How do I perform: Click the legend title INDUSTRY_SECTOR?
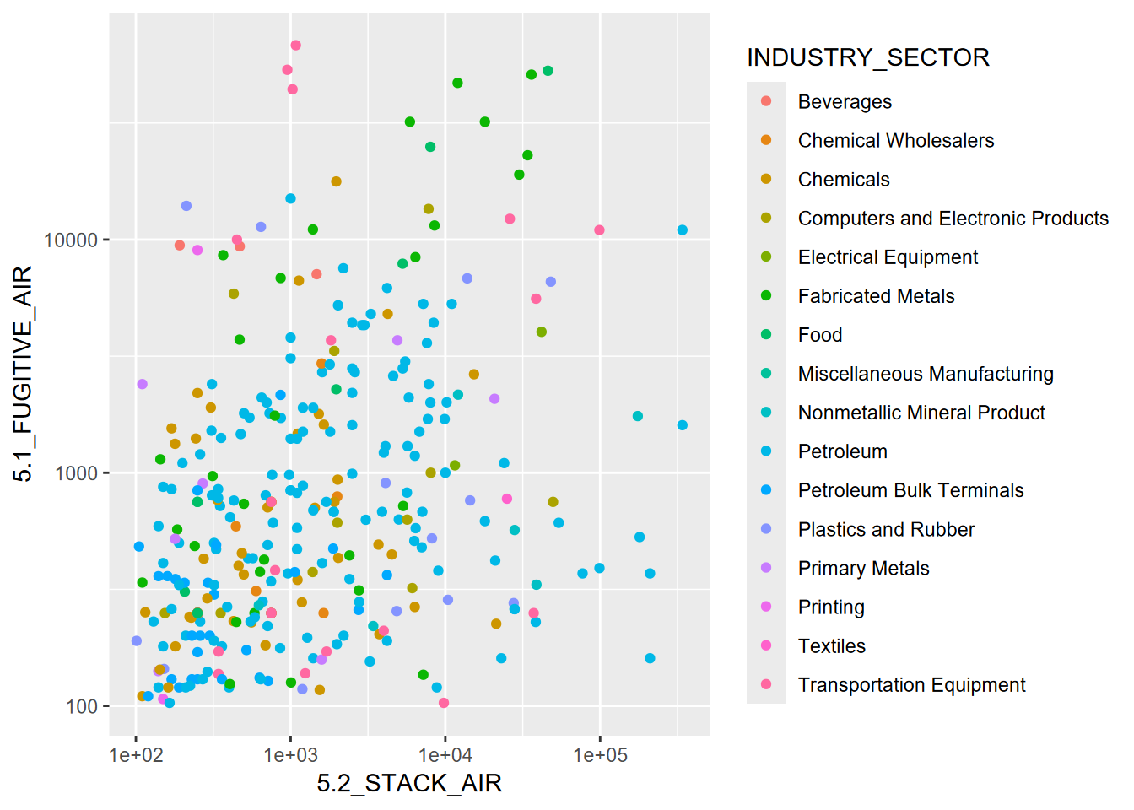[867, 57]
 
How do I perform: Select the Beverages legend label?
[845, 102]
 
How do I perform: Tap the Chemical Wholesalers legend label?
[896, 141]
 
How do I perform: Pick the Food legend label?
[820, 335]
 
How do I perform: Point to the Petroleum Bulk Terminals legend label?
[910, 490]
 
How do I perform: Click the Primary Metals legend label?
[863, 569]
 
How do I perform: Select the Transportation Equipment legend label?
[911, 685]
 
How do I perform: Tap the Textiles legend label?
[831, 646]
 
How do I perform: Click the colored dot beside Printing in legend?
[766, 607]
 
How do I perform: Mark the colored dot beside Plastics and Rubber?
[766, 529]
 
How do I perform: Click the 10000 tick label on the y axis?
[72, 240]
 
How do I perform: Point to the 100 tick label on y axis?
[82, 707]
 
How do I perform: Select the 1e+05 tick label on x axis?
[600, 755]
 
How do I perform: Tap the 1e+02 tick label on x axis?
[136, 755]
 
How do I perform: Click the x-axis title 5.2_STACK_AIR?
[409, 784]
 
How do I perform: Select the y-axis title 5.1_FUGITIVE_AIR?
[23, 374]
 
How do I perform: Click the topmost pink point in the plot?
[295, 46]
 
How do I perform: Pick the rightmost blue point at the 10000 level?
[682, 230]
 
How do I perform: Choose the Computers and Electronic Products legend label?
[953, 219]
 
